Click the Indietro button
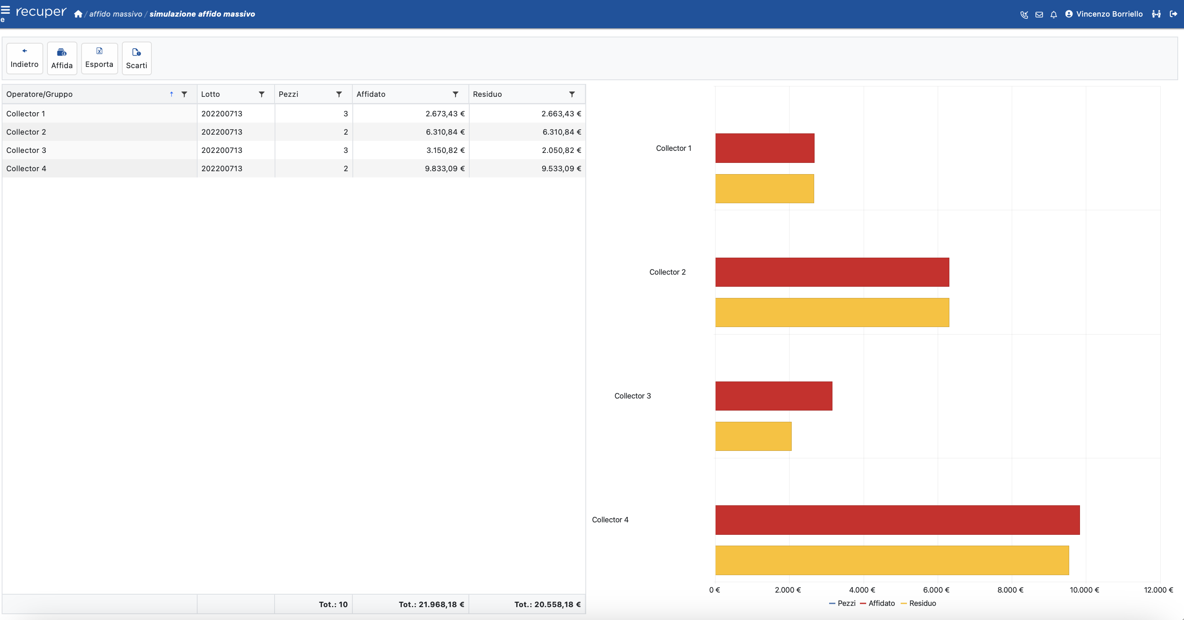[25, 58]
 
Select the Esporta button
[99, 58]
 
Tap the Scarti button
[136, 59]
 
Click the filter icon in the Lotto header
[262, 94]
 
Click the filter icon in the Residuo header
[572, 94]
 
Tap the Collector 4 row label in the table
[26, 169]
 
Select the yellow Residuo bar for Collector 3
[753, 436]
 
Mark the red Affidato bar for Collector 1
[765, 148]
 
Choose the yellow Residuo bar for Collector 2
[832, 312]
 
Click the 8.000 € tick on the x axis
[1010, 590]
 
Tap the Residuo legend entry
[922, 603]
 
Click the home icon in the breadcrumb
[78, 14]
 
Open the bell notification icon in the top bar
[1053, 15]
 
